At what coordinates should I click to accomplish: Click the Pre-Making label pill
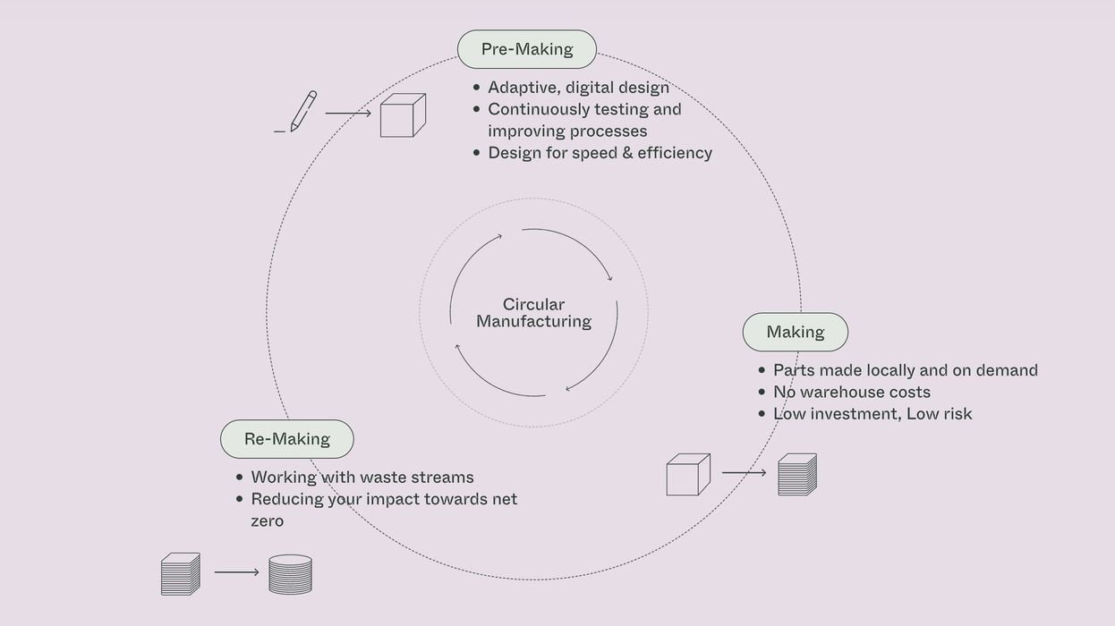pos(526,49)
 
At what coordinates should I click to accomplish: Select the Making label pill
pos(795,332)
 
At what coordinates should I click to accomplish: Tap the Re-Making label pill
pos(286,439)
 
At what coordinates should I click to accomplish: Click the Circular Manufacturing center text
pos(533,313)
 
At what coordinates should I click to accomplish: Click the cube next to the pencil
pos(402,115)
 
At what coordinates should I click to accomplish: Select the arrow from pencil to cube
pos(347,114)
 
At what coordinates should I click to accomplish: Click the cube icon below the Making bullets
pos(687,475)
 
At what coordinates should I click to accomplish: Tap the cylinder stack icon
pos(290,574)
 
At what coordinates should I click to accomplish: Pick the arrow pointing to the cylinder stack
pos(236,572)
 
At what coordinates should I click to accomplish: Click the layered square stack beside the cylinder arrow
pos(180,574)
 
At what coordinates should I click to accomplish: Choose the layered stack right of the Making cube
pos(796,475)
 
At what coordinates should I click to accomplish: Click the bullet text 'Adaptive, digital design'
pos(578,88)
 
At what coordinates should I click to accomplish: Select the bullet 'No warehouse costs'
pos(851,392)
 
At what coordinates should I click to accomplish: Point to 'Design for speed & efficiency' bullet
pos(600,153)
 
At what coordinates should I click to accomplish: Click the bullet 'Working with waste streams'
pos(362,478)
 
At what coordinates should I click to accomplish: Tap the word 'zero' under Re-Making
pos(267,520)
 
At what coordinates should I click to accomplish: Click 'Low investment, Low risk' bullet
pos(872,413)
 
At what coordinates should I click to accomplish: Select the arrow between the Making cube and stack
pos(744,472)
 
